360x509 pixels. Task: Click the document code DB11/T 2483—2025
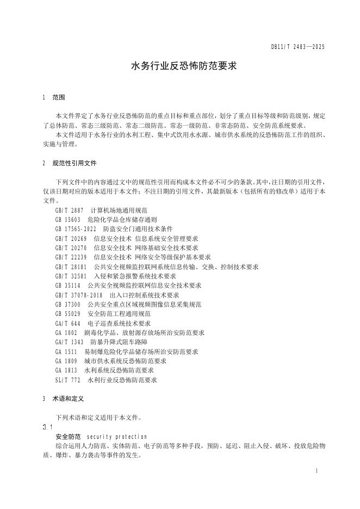coord(297,47)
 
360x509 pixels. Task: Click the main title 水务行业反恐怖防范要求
coord(179,66)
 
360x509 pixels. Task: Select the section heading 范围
coord(59,98)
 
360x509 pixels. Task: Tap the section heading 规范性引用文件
coord(75,163)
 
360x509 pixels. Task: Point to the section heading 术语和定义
coord(68,399)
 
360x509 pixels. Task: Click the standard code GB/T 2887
coord(70,210)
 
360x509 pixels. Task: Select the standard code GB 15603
coord(68,220)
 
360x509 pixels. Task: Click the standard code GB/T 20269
coord(71,239)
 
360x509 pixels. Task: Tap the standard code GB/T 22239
coord(71,257)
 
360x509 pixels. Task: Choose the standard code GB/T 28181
coord(71,267)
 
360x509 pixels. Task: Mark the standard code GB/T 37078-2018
coord(79,295)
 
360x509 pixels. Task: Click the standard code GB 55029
coord(68,314)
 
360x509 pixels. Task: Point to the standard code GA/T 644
coord(68,324)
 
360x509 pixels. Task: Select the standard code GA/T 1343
coord(70,343)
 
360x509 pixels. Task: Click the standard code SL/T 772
coord(68,381)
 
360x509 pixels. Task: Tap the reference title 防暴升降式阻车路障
coord(116,343)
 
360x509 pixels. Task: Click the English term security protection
coord(117,437)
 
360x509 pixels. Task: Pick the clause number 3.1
coord(47,427)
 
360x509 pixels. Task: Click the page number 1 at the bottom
coord(316,470)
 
